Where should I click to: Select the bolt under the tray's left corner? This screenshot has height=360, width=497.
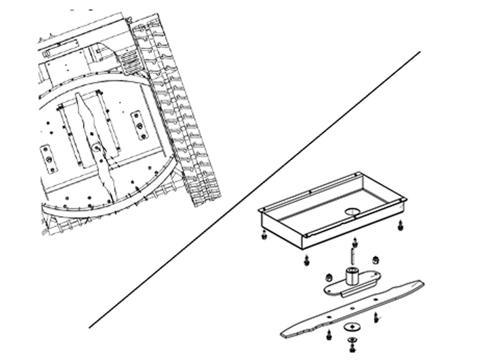pos(263,236)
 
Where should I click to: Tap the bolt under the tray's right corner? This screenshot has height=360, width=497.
pos(400,225)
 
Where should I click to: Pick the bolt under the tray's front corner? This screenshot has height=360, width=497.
pos(306,260)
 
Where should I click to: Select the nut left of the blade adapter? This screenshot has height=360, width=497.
pos(327,277)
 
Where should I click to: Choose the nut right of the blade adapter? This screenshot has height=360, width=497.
pos(375,259)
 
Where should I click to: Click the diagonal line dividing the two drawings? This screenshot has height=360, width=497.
pos(254,189)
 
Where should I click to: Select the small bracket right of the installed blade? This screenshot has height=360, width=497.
pos(139,125)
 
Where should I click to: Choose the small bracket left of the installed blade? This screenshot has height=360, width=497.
pos(49,159)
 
